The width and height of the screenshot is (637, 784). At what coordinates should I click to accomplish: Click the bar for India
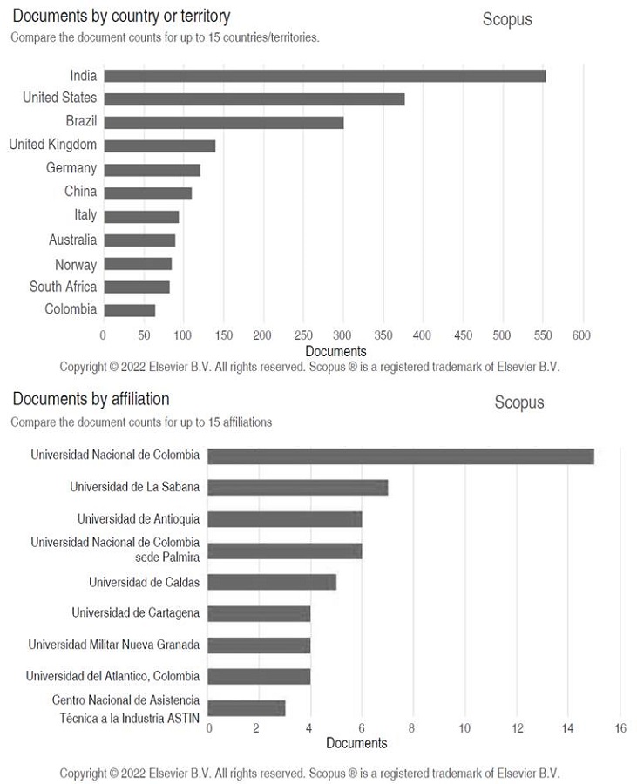pos(324,76)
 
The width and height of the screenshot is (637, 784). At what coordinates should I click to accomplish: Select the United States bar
pos(254,99)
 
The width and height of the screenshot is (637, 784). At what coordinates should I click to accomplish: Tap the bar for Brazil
pos(223,122)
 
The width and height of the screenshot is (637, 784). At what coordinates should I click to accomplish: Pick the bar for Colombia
pos(129,309)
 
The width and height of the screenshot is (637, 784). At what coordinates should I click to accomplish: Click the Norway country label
pos(76,264)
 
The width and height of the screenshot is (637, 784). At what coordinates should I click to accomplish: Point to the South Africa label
pos(63,287)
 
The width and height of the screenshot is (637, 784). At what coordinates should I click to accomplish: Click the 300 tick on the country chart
pos(342,335)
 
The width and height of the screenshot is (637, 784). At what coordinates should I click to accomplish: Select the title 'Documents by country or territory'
pos(121,17)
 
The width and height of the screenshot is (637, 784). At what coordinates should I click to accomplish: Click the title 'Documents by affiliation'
pos(91,399)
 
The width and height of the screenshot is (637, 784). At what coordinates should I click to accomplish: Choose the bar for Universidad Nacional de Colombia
pos(401,456)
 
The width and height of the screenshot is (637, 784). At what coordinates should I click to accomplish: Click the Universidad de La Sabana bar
pos(298,487)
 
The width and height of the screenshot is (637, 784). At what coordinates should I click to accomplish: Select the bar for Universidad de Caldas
pos(272,582)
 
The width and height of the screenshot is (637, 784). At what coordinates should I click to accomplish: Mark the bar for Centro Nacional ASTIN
pos(247,708)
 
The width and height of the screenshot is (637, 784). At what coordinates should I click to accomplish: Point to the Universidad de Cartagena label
pos(135,612)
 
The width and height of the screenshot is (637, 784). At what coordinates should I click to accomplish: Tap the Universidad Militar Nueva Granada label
pos(113,645)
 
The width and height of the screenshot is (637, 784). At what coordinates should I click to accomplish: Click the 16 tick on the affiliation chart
pos(620,728)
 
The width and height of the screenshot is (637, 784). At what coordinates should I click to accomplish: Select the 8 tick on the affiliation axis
pos(412,728)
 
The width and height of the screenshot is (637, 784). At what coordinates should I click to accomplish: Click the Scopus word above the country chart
pos(507,19)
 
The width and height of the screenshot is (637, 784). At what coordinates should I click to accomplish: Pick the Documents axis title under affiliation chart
pos(356,743)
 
